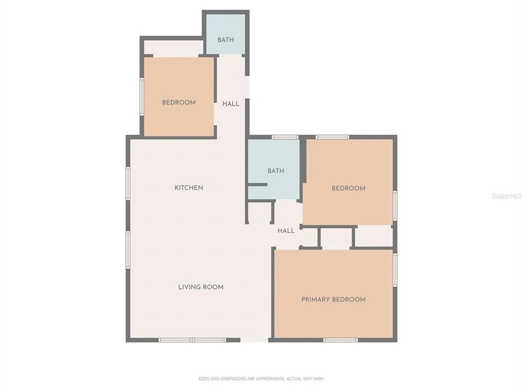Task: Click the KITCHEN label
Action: click(x=188, y=188)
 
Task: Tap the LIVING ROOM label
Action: click(x=201, y=287)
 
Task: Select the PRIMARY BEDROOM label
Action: click(x=333, y=299)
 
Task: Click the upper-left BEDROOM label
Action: click(x=179, y=102)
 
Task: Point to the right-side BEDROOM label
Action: click(x=349, y=188)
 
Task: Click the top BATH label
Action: click(x=226, y=40)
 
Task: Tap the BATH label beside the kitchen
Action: click(x=276, y=171)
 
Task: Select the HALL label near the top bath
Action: click(x=231, y=104)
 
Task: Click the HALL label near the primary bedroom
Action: click(x=286, y=231)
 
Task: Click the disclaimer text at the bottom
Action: click(x=261, y=378)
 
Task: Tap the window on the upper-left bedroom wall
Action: click(x=142, y=97)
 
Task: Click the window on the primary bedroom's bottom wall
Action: click(x=340, y=340)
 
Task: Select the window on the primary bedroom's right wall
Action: click(x=395, y=269)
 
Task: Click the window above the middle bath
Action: click(x=285, y=137)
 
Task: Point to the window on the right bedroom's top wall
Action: click(x=332, y=137)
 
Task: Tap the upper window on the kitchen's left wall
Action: click(x=128, y=183)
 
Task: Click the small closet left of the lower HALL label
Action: click(x=260, y=212)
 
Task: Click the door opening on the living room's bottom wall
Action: click(x=254, y=340)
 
